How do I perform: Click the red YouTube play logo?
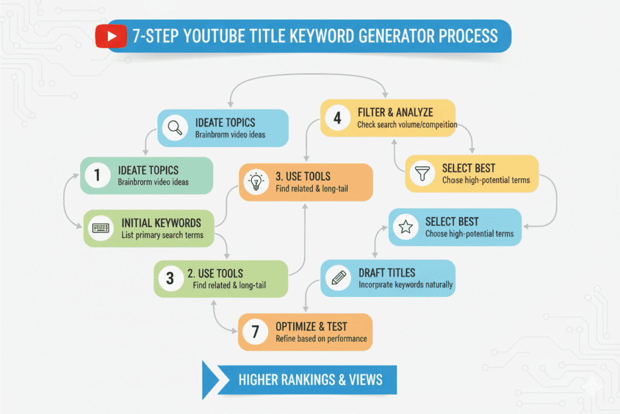click(x=111, y=36)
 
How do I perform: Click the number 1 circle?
click(x=96, y=176)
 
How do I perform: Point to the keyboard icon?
click(x=100, y=229)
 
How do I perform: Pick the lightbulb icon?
click(x=255, y=182)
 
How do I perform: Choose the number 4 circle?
click(x=337, y=118)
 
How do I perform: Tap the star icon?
click(x=404, y=227)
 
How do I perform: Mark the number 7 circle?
click(x=254, y=332)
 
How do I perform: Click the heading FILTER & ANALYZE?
click(x=395, y=113)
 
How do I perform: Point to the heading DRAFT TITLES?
click(x=386, y=273)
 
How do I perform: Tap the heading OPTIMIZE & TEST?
click(x=312, y=327)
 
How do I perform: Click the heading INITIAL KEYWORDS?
click(x=161, y=223)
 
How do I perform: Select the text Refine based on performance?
click(x=321, y=338)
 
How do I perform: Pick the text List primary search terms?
click(x=162, y=235)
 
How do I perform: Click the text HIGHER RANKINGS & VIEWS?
click(x=310, y=380)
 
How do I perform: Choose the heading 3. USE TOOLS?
click(x=303, y=176)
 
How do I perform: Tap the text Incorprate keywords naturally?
click(x=405, y=284)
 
